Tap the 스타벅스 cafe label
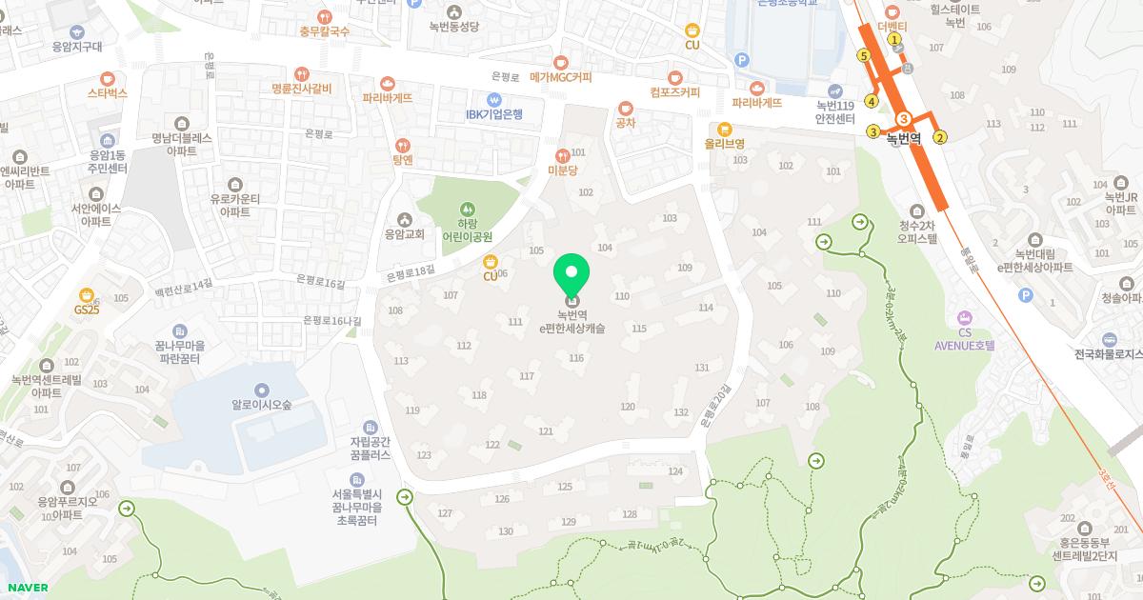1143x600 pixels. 108,93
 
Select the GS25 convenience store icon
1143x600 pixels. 87,295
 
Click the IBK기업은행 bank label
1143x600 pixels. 494,114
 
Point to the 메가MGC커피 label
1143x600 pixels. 560,76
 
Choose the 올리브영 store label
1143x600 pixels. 724,143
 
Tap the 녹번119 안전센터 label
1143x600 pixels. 834,112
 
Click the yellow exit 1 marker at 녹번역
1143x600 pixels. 894,39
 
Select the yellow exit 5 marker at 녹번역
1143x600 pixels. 864,55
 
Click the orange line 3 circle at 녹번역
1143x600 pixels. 904,118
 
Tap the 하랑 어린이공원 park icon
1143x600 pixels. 467,209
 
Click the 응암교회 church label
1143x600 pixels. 404,233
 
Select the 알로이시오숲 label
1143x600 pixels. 261,403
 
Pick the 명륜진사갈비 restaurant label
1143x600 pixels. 301,89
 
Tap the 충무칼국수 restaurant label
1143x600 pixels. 324,31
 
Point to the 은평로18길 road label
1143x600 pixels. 411,272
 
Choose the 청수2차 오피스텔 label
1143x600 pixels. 918,233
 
